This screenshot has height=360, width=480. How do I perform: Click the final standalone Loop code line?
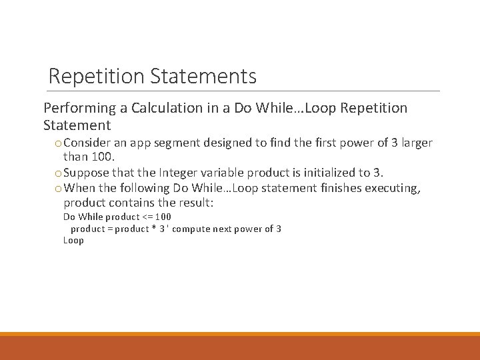[x=73, y=241]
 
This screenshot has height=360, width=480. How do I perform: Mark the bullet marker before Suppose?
[x=59, y=172]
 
